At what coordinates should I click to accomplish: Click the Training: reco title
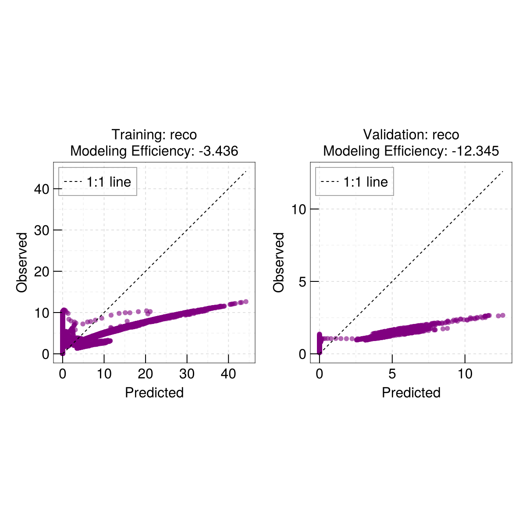click(154, 135)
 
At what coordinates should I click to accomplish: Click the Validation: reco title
click(411, 135)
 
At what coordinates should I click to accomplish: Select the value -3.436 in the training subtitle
click(218, 151)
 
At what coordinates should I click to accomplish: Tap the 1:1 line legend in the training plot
click(98, 181)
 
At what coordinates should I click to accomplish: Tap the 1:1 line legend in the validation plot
click(355, 181)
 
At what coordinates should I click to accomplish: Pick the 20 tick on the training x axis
click(146, 374)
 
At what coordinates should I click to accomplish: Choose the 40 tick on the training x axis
click(228, 374)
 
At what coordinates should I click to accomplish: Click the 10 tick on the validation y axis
click(299, 209)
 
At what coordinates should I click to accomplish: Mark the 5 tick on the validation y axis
click(302, 281)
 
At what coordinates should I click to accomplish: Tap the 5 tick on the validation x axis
click(392, 374)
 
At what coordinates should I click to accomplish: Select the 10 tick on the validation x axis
click(465, 374)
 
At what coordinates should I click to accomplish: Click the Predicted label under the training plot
click(154, 392)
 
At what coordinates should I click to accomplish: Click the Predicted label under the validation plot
click(411, 392)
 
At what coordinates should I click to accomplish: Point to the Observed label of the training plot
click(22, 262)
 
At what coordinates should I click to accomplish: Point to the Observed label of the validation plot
click(279, 262)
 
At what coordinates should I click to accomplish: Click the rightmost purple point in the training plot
click(246, 302)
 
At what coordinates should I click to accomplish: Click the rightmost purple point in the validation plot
click(503, 315)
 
